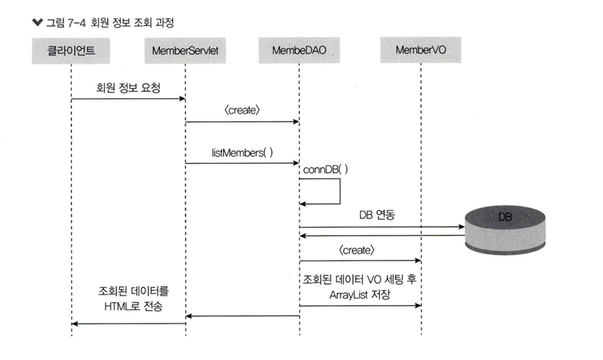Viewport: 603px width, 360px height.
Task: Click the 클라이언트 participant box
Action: click(72, 51)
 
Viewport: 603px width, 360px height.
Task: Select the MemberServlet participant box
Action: click(186, 51)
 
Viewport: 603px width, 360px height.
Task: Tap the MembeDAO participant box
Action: click(300, 51)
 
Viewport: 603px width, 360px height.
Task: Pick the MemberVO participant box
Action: click(421, 51)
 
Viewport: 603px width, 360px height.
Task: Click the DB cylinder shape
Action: click(505, 226)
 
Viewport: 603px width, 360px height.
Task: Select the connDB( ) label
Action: click(326, 170)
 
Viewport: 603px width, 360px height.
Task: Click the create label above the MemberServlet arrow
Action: click(242, 110)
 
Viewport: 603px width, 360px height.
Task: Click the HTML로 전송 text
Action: click(129, 306)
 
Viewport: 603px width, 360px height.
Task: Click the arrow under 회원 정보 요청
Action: click(129, 100)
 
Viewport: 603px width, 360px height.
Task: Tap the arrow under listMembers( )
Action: click(242, 163)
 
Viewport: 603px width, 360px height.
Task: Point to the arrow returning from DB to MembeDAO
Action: click(379, 236)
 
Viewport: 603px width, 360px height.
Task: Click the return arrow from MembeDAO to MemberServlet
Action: click(242, 316)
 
